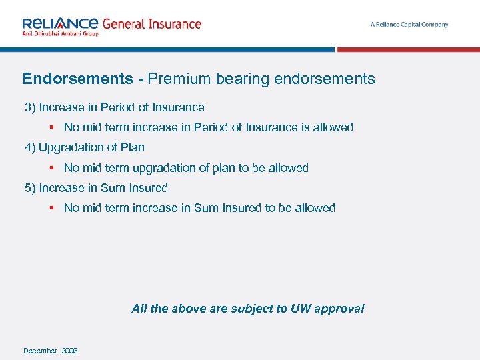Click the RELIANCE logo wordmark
(x=60, y=23)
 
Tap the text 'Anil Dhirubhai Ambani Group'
(x=60, y=33)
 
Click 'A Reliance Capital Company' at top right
(x=409, y=25)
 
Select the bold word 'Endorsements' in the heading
(x=78, y=79)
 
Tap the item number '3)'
(x=30, y=107)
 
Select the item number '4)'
(x=30, y=147)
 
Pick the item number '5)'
(x=30, y=188)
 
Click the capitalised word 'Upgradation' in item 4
(x=73, y=147)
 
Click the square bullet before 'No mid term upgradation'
(x=51, y=168)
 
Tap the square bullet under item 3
(x=51, y=127)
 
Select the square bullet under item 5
(x=51, y=208)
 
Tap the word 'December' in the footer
(x=40, y=351)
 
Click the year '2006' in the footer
(x=69, y=351)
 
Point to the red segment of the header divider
(x=408, y=49)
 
